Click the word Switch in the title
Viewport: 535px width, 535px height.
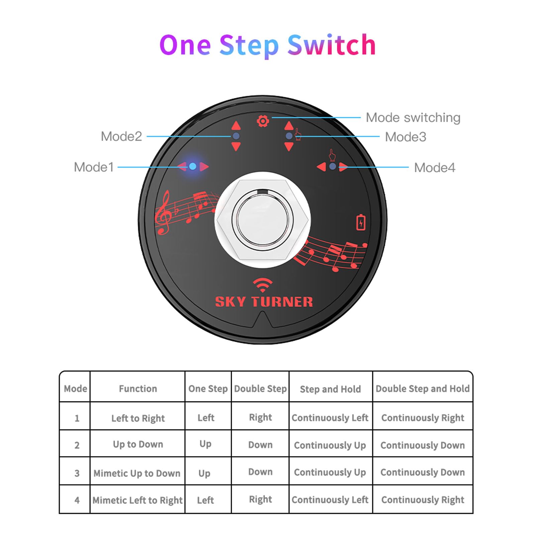click(332, 45)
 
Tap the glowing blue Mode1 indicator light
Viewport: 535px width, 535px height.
click(193, 166)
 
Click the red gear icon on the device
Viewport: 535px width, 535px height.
click(263, 121)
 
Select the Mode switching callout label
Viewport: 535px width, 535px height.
click(413, 118)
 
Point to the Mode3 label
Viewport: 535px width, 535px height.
click(405, 137)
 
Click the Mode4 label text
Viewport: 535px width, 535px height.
click(434, 168)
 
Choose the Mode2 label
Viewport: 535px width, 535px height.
click(121, 136)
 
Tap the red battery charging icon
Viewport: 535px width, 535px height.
click(361, 222)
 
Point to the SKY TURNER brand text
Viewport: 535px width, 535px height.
click(264, 302)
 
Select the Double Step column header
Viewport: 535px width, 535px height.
click(260, 389)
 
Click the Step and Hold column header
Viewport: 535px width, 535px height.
click(330, 389)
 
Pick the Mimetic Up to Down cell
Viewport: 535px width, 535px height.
click(137, 473)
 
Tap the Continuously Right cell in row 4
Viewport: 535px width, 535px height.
click(423, 500)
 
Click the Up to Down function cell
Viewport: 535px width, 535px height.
click(138, 444)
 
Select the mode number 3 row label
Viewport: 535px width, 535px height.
click(77, 473)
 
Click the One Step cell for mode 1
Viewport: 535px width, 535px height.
click(206, 418)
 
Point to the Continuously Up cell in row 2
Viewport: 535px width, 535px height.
click(330, 445)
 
